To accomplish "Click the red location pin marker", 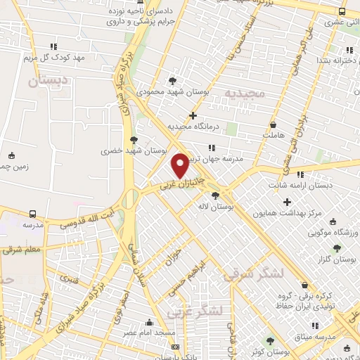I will pyautogui.click(x=181, y=165).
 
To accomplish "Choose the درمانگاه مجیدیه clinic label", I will pyautogui.click(x=194, y=127).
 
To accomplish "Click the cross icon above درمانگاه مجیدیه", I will pyautogui.click(x=193, y=115).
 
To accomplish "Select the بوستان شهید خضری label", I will pyautogui.click(x=133, y=150).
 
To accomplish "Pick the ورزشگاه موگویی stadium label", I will pyautogui.click(x=334, y=232).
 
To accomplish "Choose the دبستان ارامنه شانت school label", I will pyautogui.click(x=301, y=185).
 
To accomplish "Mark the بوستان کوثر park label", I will pyautogui.click(x=274, y=350).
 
